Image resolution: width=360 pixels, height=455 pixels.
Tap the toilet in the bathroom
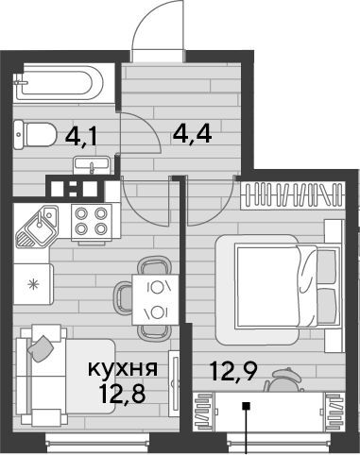click(x=34, y=135)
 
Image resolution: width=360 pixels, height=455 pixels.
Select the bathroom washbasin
click(x=92, y=166)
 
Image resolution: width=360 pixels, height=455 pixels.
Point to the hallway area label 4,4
click(x=192, y=134)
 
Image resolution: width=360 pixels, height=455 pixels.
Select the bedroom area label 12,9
click(x=234, y=371)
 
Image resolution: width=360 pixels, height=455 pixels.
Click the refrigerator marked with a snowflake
click(x=33, y=284)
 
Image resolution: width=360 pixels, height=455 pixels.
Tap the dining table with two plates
click(x=156, y=299)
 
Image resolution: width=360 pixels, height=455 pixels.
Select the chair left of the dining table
click(x=124, y=298)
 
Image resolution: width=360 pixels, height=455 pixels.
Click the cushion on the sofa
click(x=41, y=348)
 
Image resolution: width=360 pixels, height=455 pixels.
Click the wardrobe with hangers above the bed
click(x=292, y=195)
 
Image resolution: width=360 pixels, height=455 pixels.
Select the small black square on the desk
click(x=246, y=406)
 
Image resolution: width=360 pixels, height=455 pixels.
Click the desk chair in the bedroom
click(x=283, y=380)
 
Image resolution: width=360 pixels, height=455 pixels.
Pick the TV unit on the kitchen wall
click(x=174, y=383)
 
